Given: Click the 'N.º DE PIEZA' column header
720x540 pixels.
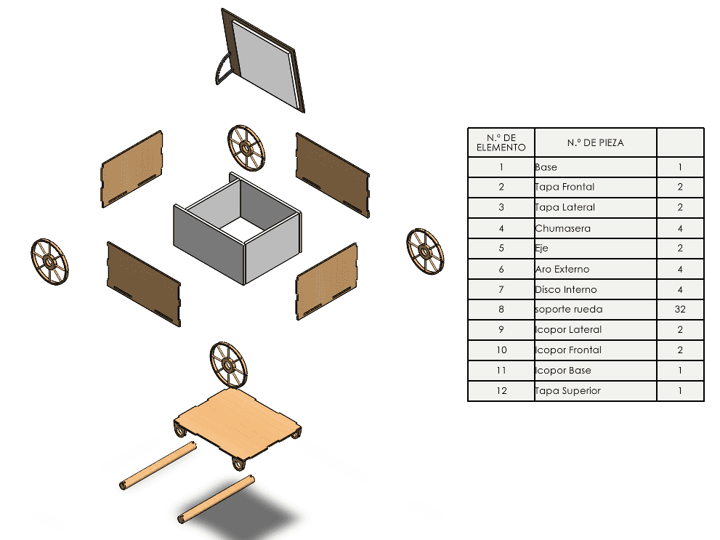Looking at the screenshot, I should point(594,142).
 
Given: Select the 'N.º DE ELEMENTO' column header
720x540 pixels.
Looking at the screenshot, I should point(501,142).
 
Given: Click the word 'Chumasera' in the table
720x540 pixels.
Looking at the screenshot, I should point(562,228).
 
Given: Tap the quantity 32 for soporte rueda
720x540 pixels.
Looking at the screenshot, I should point(679,310).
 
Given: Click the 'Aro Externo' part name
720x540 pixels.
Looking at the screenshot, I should point(562,269).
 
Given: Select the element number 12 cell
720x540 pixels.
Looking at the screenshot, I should point(501,391).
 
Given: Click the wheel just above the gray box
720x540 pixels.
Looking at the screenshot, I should point(246,148).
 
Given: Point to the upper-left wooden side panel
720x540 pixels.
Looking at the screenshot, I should point(132,169).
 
